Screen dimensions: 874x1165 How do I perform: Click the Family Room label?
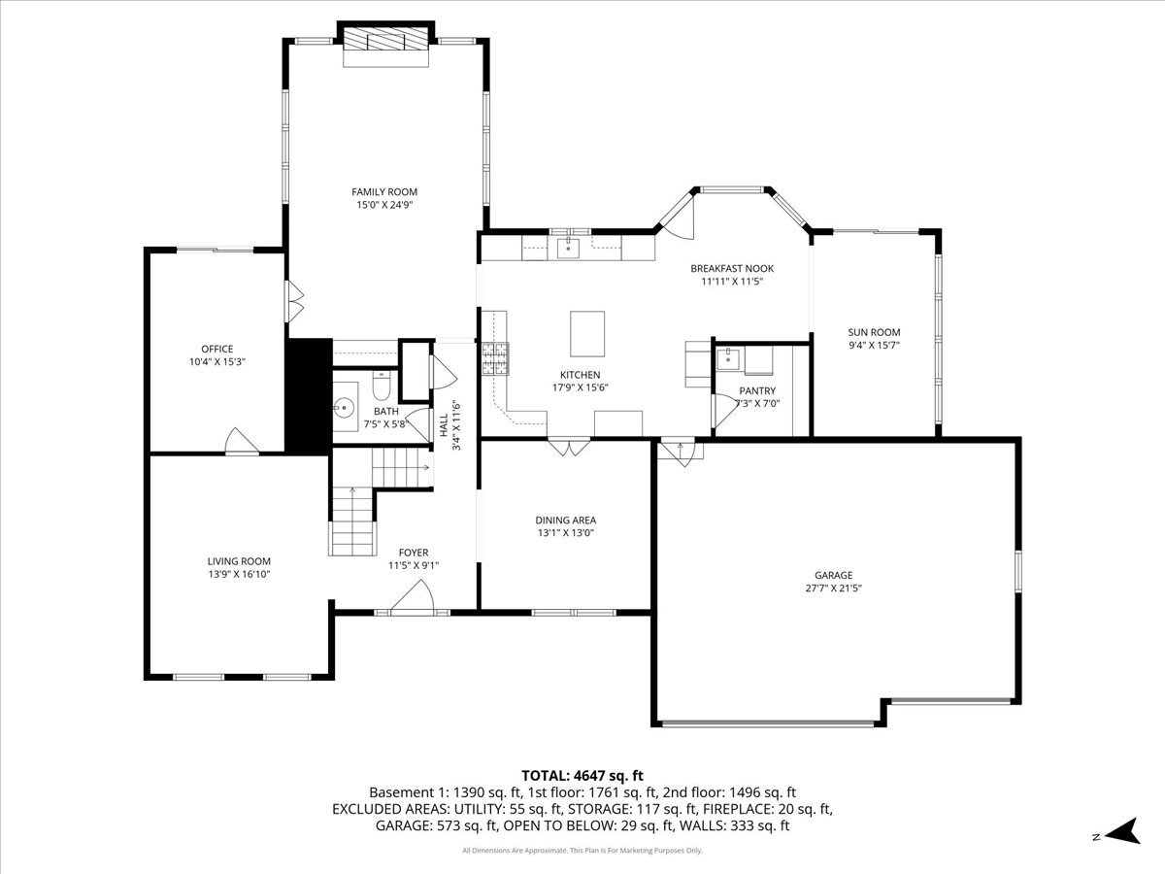point(384,191)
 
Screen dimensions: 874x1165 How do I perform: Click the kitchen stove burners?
point(495,359)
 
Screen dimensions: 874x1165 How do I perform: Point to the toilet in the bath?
point(382,389)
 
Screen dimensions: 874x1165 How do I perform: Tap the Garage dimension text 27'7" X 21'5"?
point(833,588)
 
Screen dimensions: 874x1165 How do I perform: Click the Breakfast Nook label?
point(732,268)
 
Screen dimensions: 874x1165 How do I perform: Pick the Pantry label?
point(758,390)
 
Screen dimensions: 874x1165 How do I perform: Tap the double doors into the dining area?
point(568,448)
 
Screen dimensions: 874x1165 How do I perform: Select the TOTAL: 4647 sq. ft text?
point(582,775)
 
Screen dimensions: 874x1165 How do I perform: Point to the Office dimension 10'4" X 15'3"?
point(217,362)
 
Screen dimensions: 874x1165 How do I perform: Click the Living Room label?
point(239,560)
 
